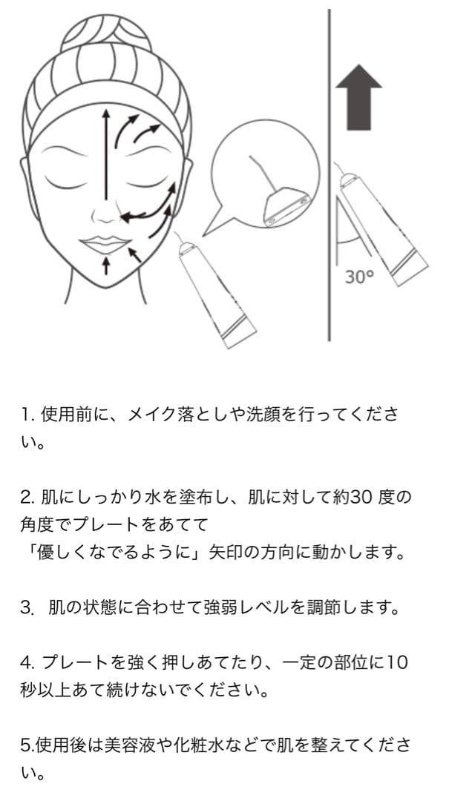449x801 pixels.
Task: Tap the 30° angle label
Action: [358, 277]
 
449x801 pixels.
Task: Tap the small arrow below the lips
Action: [105, 266]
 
